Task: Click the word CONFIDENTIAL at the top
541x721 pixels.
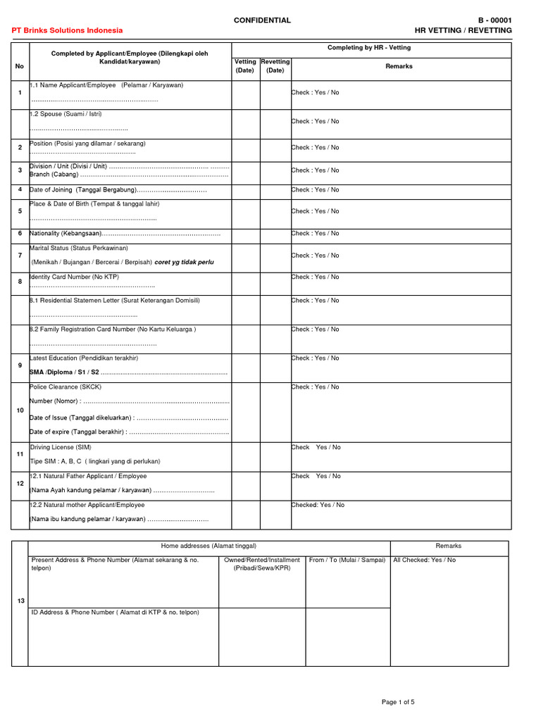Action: pyautogui.click(x=262, y=20)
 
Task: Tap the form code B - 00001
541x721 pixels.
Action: pyautogui.click(x=495, y=20)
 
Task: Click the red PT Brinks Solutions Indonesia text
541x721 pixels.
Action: pyautogui.click(x=68, y=30)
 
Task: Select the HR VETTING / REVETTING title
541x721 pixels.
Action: pyautogui.click(x=464, y=30)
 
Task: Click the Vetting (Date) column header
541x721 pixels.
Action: pyautogui.click(x=245, y=66)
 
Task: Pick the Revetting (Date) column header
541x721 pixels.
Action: pyautogui.click(x=275, y=66)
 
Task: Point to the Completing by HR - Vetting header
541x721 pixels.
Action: pyautogui.click(x=369, y=48)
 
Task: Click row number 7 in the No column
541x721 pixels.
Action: pyautogui.click(x=20, y=254)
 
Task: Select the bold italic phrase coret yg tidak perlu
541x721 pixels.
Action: pyautogui.click(x=184, y=262)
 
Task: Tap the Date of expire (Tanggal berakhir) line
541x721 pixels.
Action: pyautogui.click(x=77, y=432)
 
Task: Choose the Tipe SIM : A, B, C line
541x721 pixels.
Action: pyautogui.click(x=95, y=461)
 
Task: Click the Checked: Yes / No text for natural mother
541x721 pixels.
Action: pyautogui.click(x=318, y=505)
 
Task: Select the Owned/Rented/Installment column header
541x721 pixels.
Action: pyautogui.click(x=262, y=560)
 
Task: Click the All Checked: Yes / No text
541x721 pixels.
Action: pyautogui.click(x=424, y=560)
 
